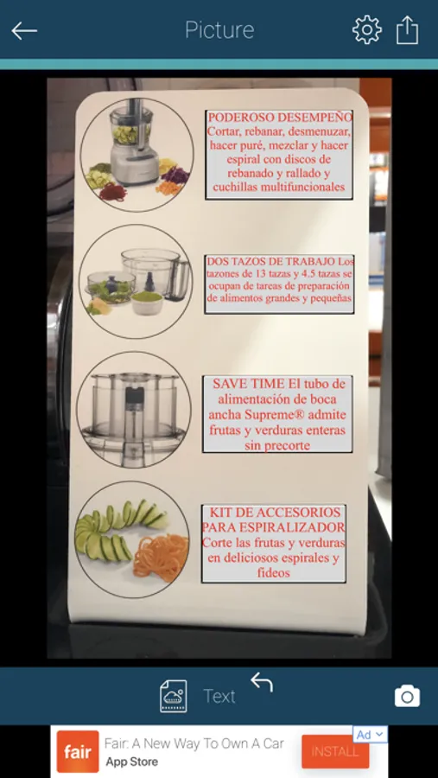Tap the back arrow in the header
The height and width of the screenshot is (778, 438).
click(24, 31)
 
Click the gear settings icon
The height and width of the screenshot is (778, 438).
click(367, 29)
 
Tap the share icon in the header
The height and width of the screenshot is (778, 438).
click(407, 29)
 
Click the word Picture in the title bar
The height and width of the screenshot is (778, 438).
click(219, 30)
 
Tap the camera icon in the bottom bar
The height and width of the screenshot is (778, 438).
click(407, 696)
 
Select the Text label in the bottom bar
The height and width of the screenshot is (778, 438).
click(219, 697)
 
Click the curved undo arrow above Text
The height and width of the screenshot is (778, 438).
click(262, 682)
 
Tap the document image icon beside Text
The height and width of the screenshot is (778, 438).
click(174, 696)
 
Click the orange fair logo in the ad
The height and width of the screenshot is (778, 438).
click(78, 752)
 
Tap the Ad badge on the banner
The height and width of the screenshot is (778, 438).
click(370, 734)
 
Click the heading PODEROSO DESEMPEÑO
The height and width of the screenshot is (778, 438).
click(280, 118)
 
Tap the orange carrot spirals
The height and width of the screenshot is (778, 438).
click(161, 558)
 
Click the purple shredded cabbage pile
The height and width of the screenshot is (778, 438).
click(175, 175)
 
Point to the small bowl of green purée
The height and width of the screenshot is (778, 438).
click(147, 303)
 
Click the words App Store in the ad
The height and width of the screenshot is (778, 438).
click(132, 762)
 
